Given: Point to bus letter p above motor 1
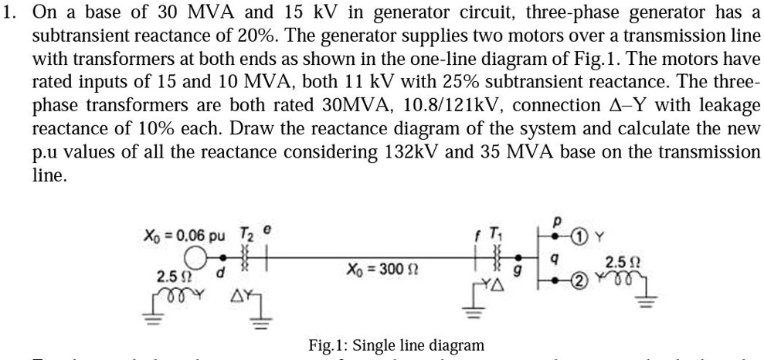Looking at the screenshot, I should (x=555, y=219).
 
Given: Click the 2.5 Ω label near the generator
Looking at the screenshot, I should (x=171, y=276).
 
